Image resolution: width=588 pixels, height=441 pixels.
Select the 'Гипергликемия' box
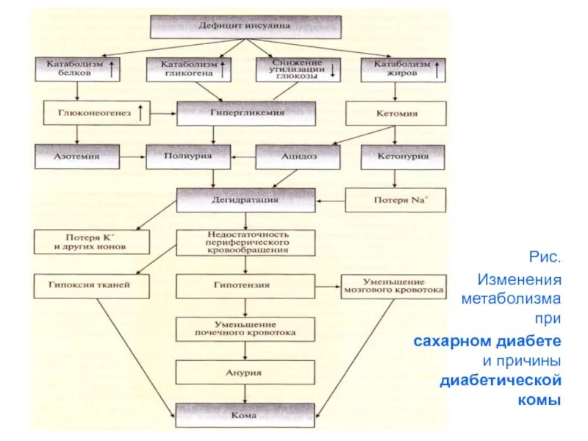(245, 114)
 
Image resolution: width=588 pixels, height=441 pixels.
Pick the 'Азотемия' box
(76, 156)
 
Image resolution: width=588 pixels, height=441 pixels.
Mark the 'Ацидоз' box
(298, 156)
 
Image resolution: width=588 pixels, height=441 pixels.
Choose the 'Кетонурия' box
(402, 156)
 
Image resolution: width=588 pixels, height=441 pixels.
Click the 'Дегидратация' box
(245, 199)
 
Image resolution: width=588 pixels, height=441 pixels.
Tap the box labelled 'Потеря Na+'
(395, 200)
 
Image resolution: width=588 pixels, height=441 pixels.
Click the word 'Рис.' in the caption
(545, 258)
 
